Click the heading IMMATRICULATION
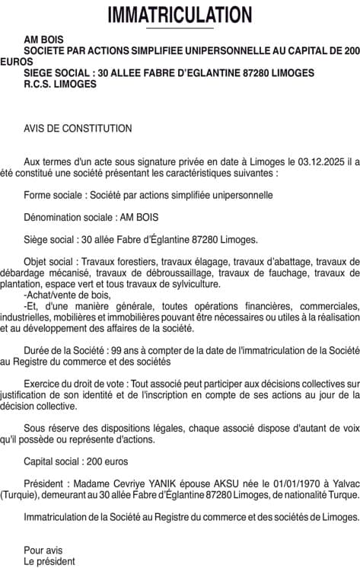coord(180,14)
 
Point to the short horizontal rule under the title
coord(180,28)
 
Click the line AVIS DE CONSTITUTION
coord(78,129)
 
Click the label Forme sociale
coord(55,195)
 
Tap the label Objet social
coord(51,260)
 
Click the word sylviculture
coord(193,283)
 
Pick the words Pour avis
coord(43,550)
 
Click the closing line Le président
coord(49,561)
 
